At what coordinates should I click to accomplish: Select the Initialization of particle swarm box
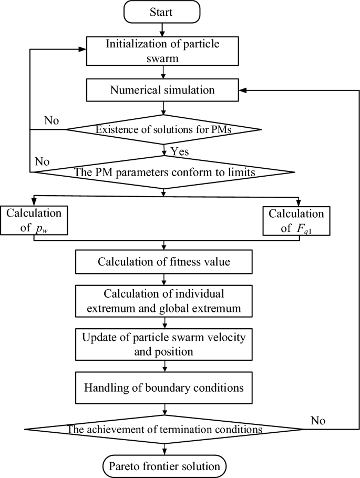click(166, 52)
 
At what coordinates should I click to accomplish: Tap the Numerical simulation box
click(162, 90)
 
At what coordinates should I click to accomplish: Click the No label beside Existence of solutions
click(51, 120)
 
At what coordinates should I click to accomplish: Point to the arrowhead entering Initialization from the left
click(83, 50)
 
